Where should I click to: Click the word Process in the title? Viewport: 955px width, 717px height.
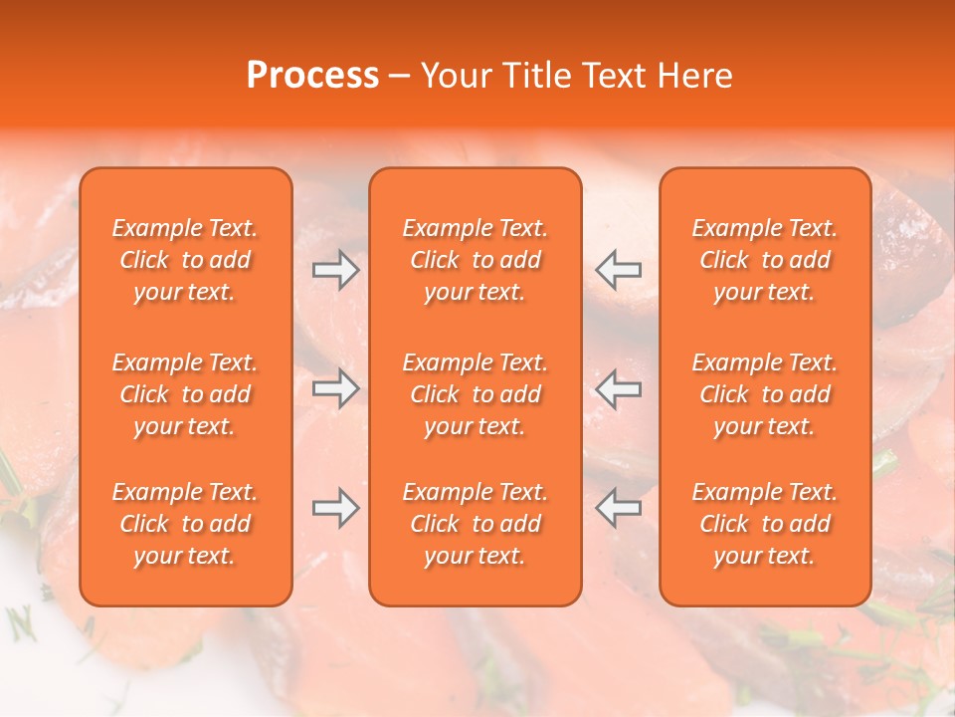click(312, 76)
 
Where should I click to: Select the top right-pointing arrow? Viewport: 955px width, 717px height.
click(335, 270)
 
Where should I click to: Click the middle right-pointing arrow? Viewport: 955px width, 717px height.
click(335, 388)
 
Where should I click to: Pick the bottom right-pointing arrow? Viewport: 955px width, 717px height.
click(335, 508)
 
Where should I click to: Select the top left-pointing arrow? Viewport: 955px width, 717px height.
click(619, 270)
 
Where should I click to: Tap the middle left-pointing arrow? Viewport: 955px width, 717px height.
click(619, 388)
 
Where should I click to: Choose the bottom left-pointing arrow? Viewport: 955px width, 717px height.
click(619, 508)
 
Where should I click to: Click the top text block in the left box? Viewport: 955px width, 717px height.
click(185, 260)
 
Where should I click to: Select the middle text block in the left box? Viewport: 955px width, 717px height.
click(185, 394)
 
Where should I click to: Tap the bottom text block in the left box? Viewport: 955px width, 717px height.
click(185, 524)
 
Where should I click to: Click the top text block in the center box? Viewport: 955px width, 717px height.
click(475, 260)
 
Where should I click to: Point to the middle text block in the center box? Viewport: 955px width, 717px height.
click(475, 394)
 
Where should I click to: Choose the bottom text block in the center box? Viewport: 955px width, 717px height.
click(475, 524)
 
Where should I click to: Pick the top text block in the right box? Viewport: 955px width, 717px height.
click(765, 260)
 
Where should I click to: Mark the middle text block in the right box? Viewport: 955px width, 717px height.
click(765, 394)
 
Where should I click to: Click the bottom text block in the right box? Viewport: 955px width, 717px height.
click(765, 524)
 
